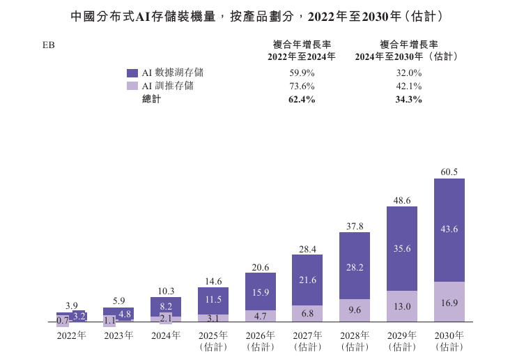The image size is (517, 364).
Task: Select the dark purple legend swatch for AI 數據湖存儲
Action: (x=132, y=73)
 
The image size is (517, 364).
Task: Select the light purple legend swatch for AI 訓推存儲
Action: (x=132, y=86)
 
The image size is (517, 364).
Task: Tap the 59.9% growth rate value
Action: (x=302, y=73)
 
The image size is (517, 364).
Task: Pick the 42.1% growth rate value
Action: (x=408, y=86)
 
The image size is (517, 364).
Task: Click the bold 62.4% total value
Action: (x=302, y=100)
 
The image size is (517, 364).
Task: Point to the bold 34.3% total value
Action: (x=408, y=100)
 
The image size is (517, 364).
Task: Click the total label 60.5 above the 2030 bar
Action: (x=449, y=172)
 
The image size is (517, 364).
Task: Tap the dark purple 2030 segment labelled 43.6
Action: (x=449, y=229)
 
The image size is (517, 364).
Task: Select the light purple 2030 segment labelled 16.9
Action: (x=449, y=302)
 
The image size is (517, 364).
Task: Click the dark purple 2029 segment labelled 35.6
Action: (x=402, y=248)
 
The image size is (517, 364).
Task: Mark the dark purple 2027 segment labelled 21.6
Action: (x=307, y=280)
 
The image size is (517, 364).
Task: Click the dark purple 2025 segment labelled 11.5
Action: (x=213, y=299)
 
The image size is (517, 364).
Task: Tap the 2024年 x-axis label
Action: (x=166, y=335)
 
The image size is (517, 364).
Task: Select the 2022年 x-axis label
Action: (x=71, y=335)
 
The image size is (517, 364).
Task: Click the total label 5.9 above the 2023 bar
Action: (x=118, y=301)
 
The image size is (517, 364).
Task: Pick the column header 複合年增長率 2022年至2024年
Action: (x=302, y=50)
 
